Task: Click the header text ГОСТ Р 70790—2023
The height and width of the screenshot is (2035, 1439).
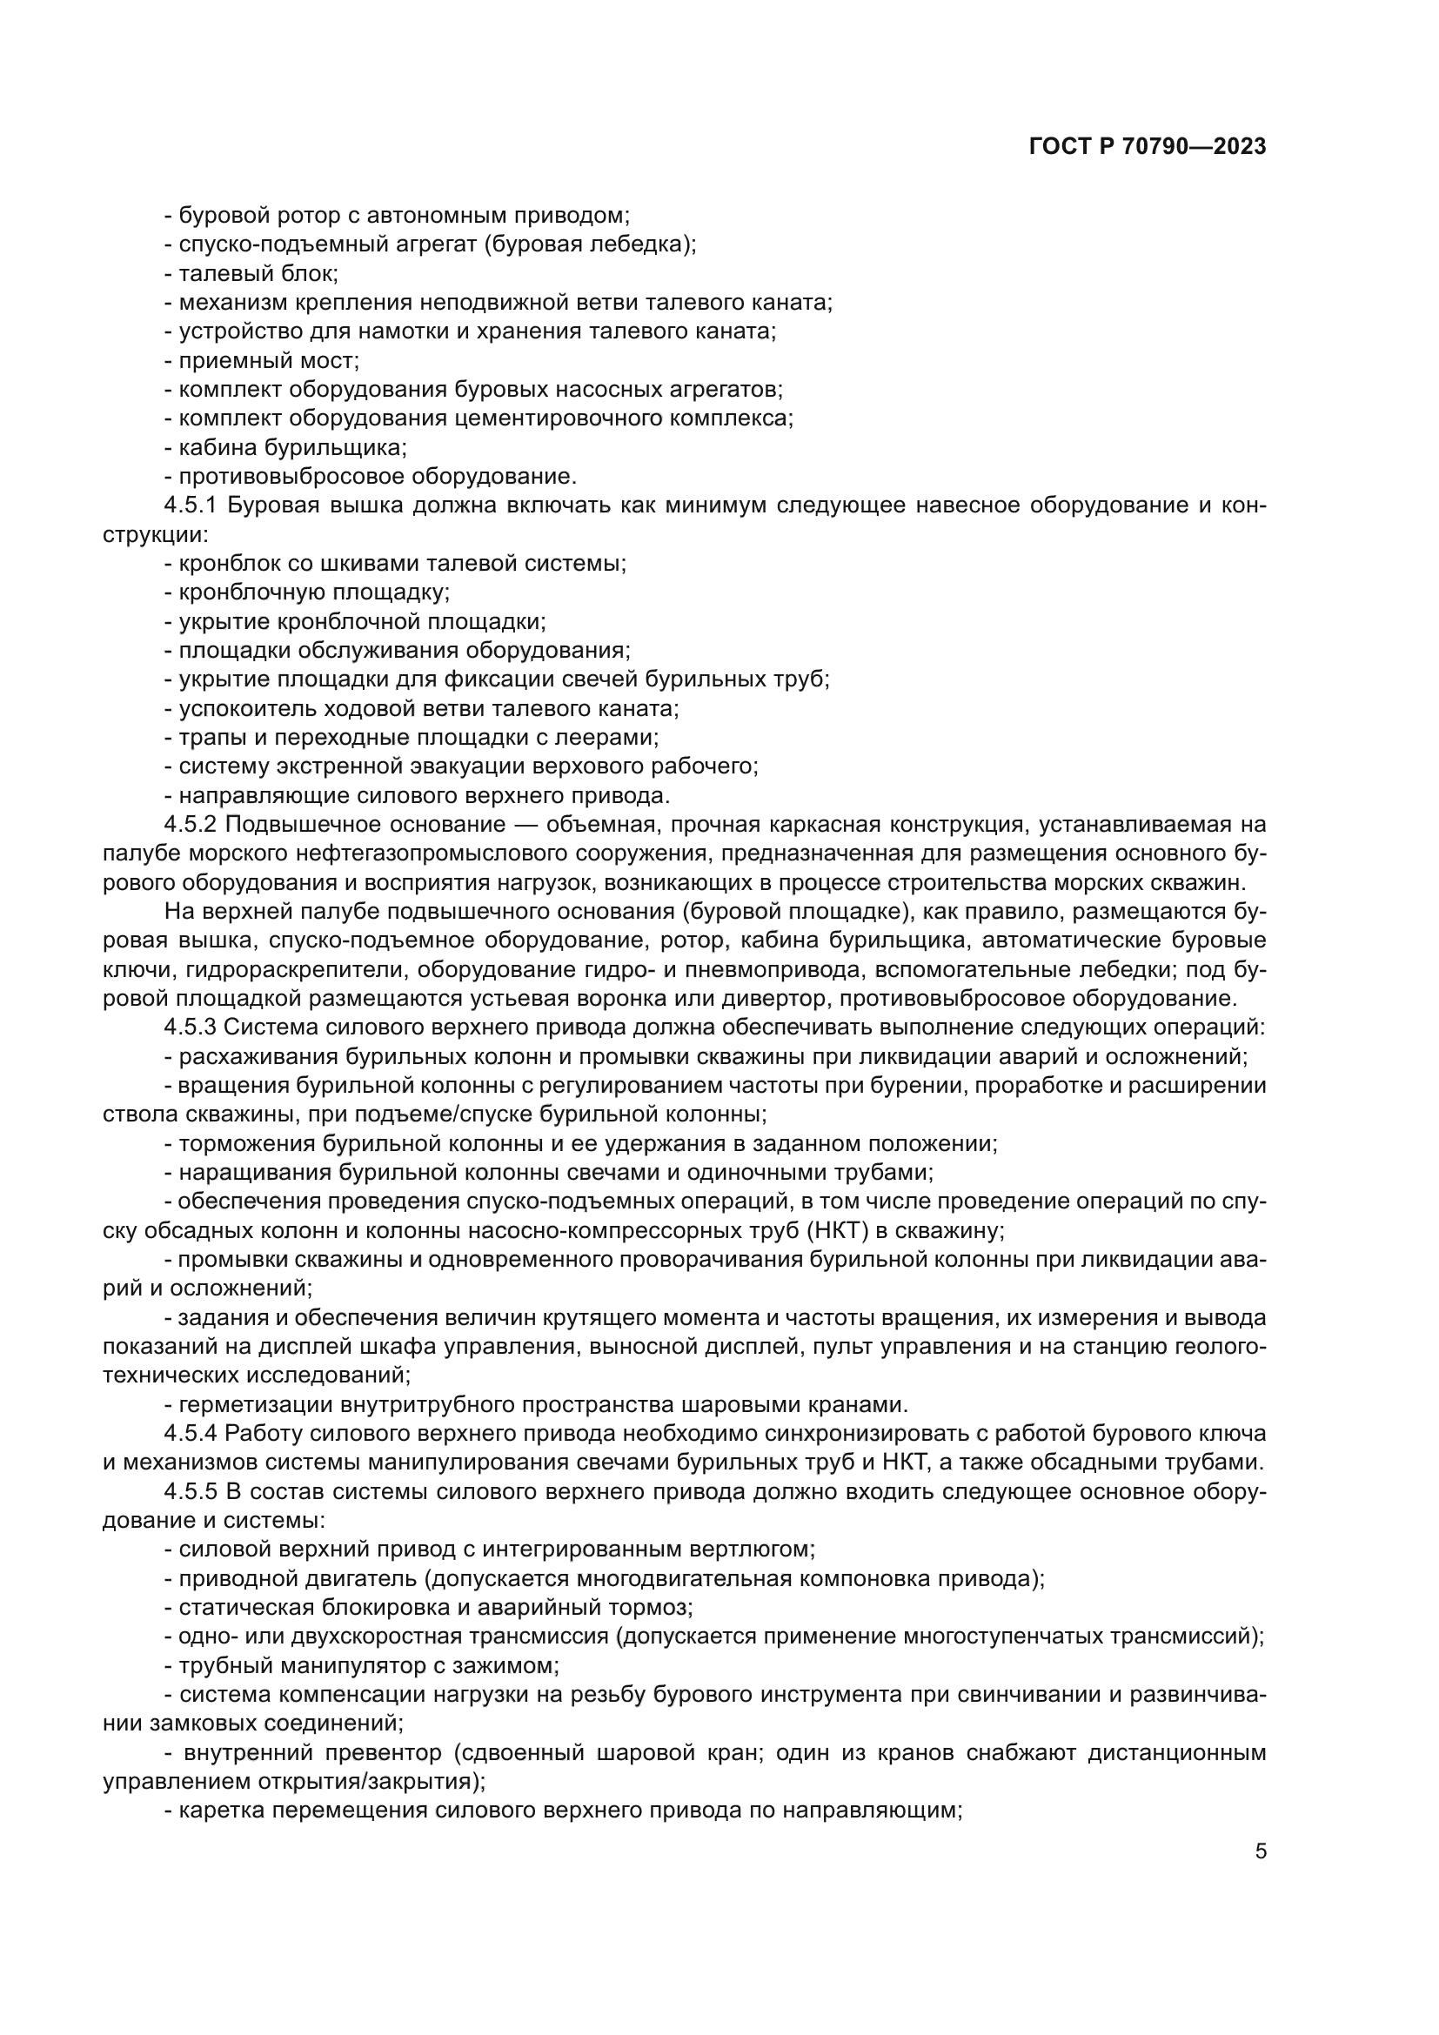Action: tap(1148, 147)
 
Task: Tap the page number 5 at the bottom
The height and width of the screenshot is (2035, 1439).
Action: tap(1261, 1851)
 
